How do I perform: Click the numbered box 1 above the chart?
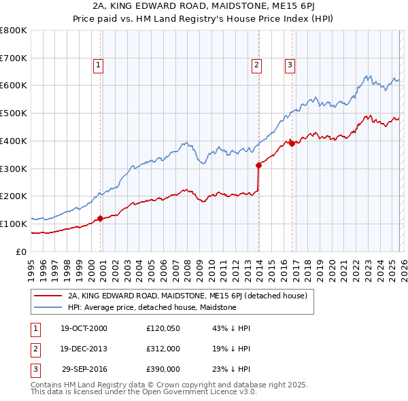98,65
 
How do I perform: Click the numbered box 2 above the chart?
256,65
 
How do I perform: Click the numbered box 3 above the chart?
290,65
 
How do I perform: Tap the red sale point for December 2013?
258,165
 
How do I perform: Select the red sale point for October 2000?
101,218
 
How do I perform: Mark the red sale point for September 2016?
292,143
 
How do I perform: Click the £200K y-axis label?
14,196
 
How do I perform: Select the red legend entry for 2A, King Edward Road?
188,296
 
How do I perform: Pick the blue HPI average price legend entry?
152,307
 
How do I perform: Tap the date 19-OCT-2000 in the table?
84,328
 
